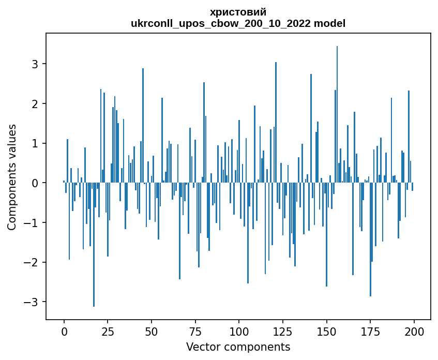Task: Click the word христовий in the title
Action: (x=238, y=12)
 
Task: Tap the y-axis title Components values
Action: (x=12, y=177)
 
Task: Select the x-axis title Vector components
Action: (x=238, y=347)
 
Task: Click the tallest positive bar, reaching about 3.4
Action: (x=337, y=114)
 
